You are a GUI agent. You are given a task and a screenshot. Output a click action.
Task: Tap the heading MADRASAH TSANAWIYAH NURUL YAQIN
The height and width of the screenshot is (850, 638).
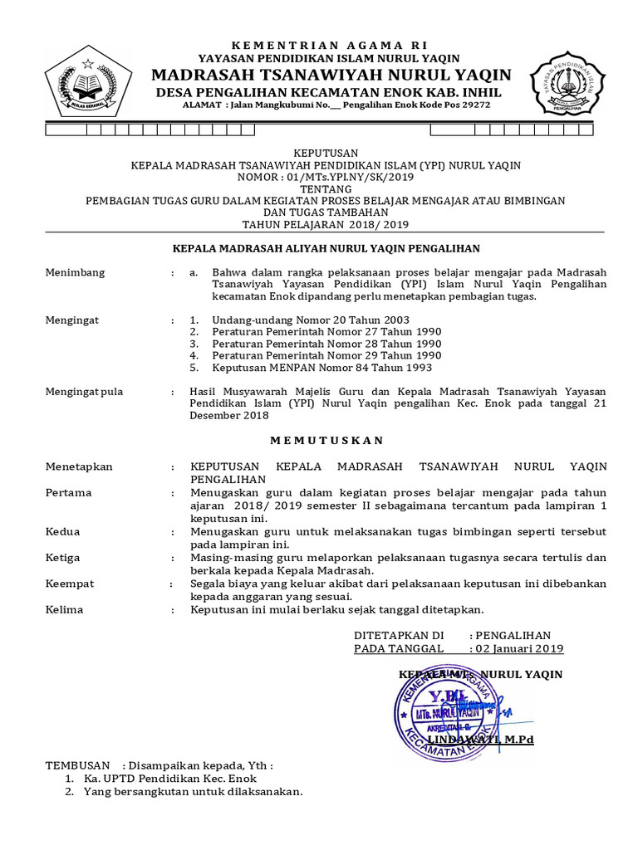(331, 75)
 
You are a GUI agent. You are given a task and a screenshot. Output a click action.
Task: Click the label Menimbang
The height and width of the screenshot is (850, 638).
(75, 272)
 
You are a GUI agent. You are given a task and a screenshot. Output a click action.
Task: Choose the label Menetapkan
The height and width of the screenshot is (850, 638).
(79, 467)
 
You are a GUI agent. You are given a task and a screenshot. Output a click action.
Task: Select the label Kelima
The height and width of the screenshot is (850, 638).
(66, 609)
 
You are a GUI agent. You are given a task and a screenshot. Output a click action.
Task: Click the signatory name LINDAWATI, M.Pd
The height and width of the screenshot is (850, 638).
(480, 738)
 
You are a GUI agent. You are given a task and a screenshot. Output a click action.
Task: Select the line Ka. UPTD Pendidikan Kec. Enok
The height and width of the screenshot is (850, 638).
(170, 779)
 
